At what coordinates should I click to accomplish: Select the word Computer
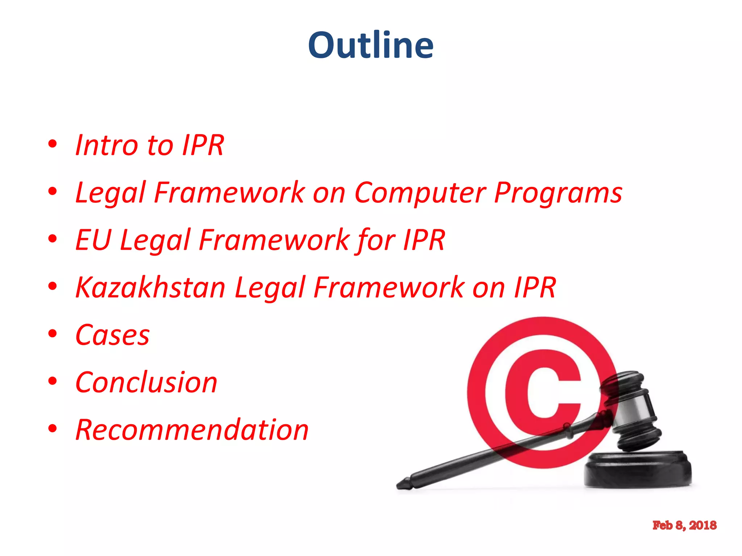pyautogui.click(x=420, y=193)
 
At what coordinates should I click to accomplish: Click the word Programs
pyautogui.click(x=558, y=193)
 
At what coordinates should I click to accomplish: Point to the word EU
pyautogui.click(x=93, y=240)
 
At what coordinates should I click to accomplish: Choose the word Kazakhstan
pyautogui.click(x=150, y=288)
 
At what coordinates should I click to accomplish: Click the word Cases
pyautogui.click(x=112, y=335)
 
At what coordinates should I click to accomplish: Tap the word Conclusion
pyautogui.click(x=146, y=383)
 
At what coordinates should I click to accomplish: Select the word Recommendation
pyautogui.click(x=192, y=430)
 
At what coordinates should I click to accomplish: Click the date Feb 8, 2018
pyautogui.click(x=684, y=525)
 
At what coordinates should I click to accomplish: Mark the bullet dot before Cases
pyautogui.click(x=53, y=334)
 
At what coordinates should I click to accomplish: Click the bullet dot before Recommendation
pyautogui.click(x=53, y=429)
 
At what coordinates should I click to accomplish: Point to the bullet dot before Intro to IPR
pyautogui.click(x=53, y=144)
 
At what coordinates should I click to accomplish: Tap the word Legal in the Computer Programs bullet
pyautogui.click(x=110, y=193)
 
